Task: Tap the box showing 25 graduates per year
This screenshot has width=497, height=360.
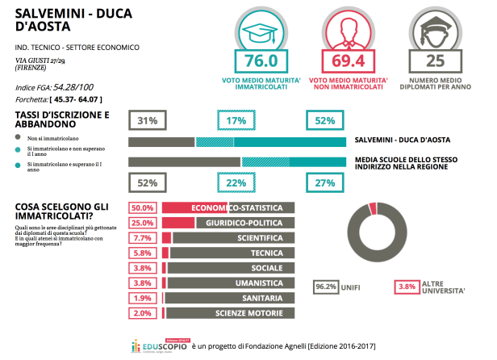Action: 436,61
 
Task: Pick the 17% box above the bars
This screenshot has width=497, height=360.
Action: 236,120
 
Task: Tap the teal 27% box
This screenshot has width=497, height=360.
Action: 325,183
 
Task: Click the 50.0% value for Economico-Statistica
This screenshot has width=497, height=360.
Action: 144,207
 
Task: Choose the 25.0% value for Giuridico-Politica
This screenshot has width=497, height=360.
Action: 144,223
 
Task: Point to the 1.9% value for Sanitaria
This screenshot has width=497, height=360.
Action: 144,299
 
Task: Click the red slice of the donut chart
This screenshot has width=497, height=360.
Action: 372,208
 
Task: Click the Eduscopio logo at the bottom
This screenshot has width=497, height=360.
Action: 161,345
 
